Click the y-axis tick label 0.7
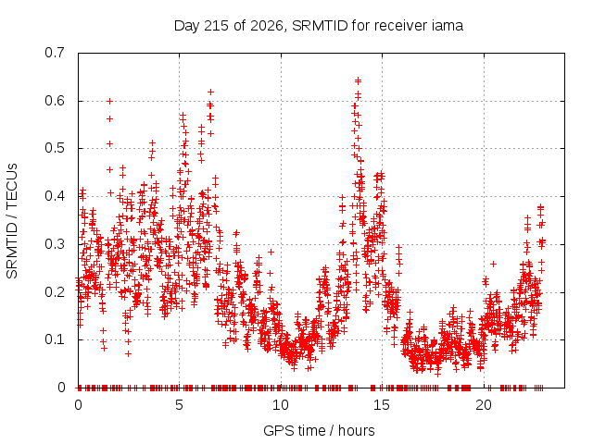[55, 53]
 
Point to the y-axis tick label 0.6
[55, 101]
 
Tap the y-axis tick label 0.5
[55, 148]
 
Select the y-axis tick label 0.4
[55, 196]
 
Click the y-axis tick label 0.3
[55, 244]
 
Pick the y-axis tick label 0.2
[55, 292]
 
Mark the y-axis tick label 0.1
[55, 339]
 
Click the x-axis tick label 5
[179, 405]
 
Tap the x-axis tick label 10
[281, 405]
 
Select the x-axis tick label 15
[382, 405]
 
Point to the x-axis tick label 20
[484, 405]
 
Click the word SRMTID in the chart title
[320, 26]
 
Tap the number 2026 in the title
[267, 26]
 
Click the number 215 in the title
[216, 26]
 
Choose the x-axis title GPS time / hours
[319, 430]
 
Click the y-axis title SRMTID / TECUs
[12, 221]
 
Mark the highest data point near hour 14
[358, 80]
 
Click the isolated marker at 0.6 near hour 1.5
[109, 101]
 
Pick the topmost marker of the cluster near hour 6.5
[211, 92]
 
